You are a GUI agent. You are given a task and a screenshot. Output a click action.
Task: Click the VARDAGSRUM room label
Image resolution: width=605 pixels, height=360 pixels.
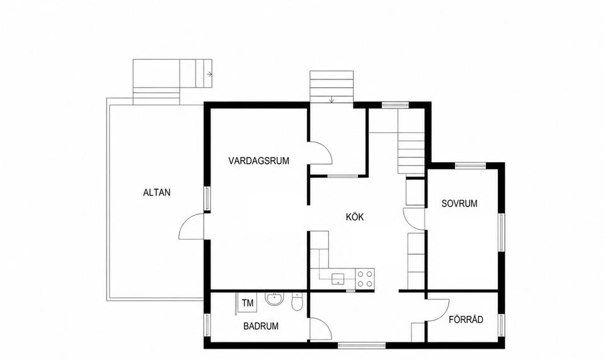[258, 161]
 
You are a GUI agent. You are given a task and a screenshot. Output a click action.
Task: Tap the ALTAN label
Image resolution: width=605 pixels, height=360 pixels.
[157, 192]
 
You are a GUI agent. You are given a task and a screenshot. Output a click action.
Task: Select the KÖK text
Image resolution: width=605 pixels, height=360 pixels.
[355, 217]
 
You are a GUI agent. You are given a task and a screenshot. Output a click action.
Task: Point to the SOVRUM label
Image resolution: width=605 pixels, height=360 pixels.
[459, 204]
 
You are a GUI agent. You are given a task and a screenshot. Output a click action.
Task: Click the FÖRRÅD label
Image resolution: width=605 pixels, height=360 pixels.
[466, 320]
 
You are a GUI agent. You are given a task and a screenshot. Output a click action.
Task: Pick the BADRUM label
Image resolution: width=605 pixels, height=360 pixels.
[261, 326]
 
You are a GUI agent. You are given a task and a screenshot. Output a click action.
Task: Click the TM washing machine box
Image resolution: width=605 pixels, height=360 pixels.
[248, 303]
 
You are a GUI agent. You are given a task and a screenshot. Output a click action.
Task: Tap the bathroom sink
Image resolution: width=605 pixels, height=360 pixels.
[274, 299]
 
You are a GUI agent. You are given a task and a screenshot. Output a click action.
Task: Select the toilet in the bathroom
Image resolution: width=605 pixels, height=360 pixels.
[297, 302]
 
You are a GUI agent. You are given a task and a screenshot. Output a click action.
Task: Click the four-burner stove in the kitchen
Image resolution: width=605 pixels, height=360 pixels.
[365, 279]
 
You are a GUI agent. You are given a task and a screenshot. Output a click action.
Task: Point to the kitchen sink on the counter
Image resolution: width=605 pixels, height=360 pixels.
[338, 278]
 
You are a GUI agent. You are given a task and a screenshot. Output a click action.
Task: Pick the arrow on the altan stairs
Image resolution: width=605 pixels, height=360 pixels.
[209, 74]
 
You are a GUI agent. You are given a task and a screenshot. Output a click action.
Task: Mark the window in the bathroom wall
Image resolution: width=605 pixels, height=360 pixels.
[207, 325]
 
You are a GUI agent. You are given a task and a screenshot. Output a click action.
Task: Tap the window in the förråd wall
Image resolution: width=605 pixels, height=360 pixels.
[501, 324]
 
